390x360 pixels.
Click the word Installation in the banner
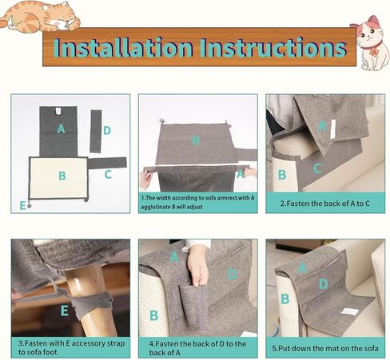[123, 47]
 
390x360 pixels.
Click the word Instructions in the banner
[273, 47]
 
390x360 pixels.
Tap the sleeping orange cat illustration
[41, 16]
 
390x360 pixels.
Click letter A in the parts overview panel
[61, 129]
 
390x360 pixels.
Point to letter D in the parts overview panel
[107, 130]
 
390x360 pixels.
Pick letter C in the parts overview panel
[108, 175]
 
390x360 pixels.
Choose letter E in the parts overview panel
[22, 205]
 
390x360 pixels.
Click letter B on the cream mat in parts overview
[62, 176]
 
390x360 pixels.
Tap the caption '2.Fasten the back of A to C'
[325, 204]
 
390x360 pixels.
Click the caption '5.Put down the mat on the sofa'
[325, 348]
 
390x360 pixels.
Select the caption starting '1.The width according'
[197, 202]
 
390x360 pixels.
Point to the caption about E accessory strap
[71, 347]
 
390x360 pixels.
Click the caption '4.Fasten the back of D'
[197, 348]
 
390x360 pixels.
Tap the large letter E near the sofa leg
[64, 311]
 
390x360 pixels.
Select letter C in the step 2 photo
[316, 168]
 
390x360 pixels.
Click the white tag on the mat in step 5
[348, 311]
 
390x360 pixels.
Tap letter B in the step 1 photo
[196, 140]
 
